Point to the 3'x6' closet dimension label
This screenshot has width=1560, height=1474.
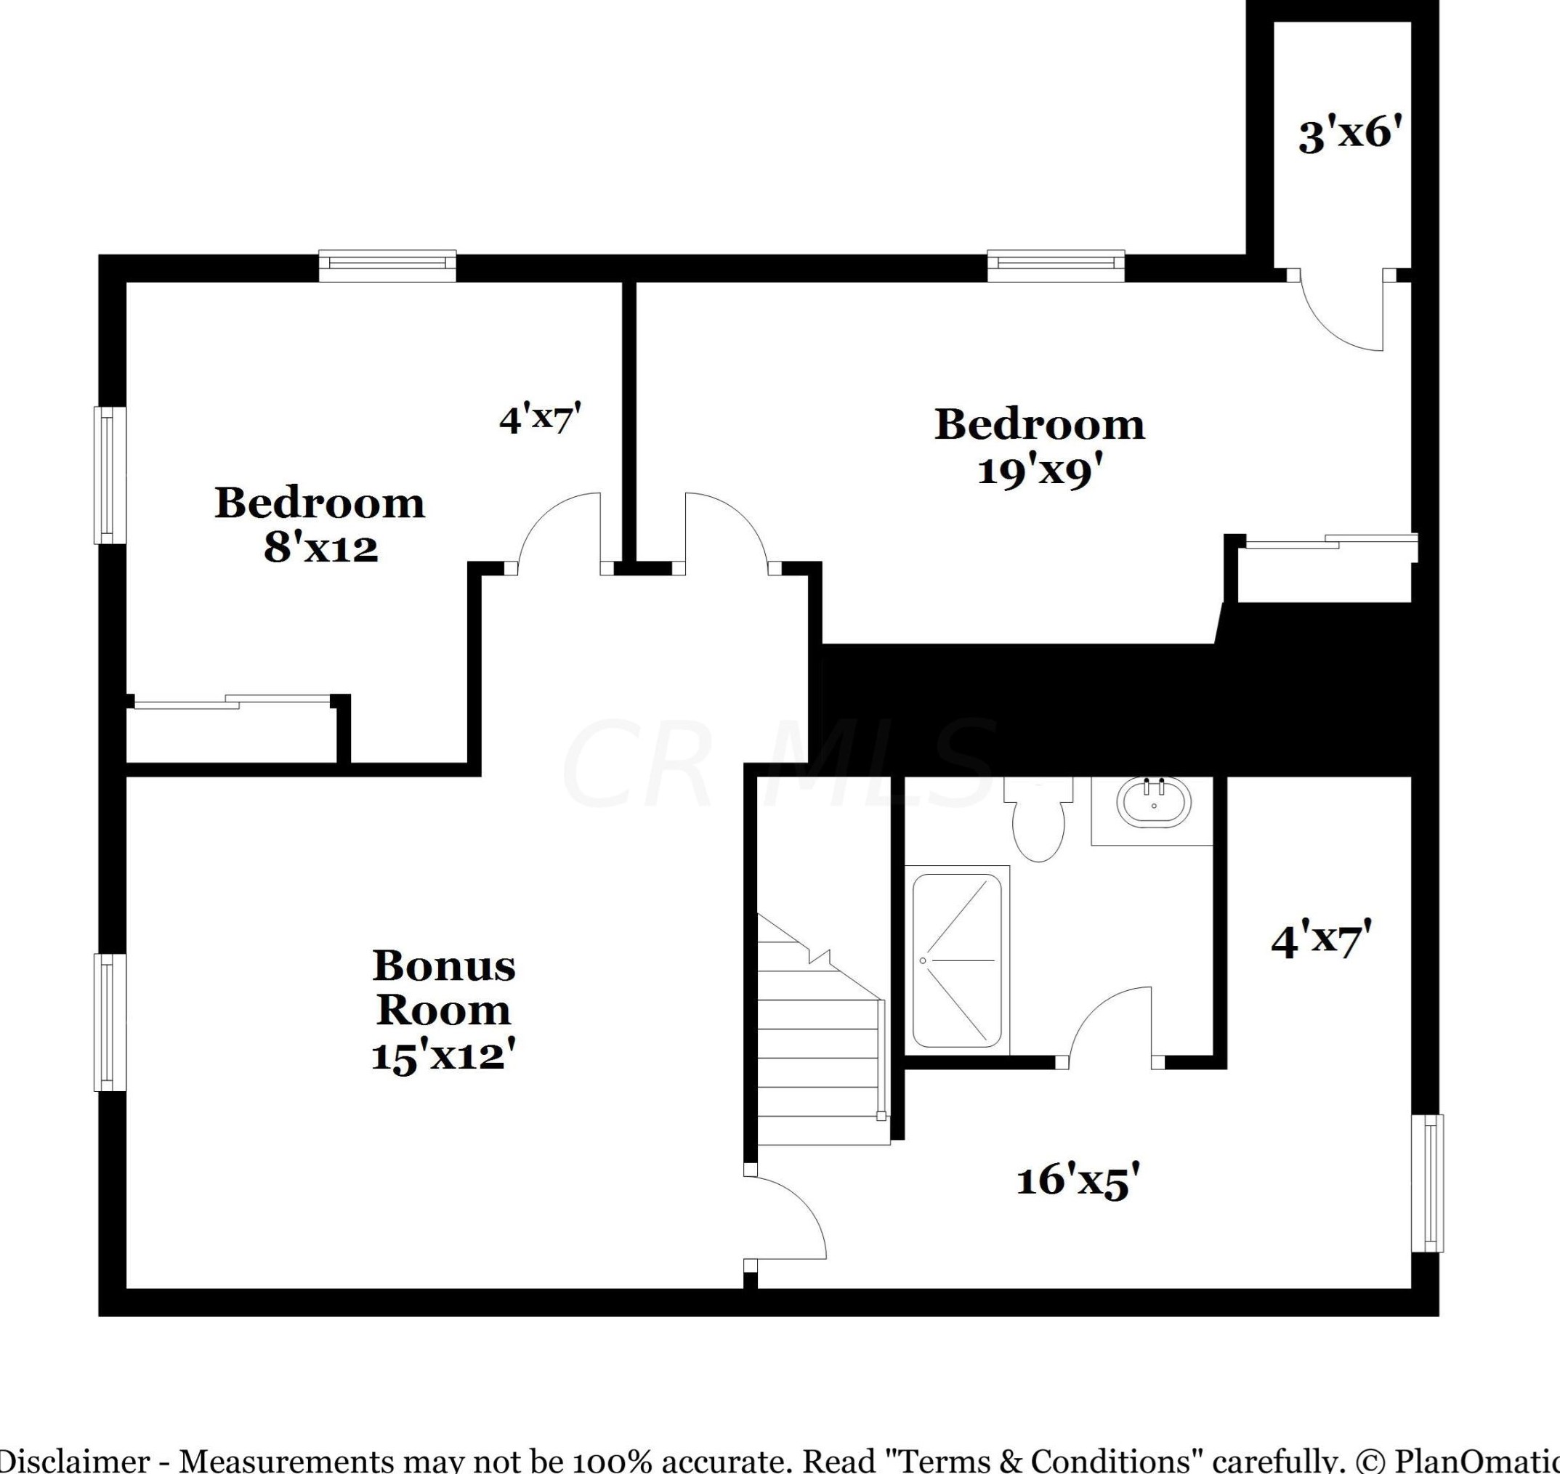tap(1349, 135)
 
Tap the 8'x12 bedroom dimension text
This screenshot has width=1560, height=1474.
tap(320, 548)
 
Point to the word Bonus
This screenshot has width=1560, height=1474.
tap(444, 966)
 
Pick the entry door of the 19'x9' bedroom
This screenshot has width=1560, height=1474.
tap(727, 530)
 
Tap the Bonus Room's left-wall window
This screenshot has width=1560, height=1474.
tap(109, 1022)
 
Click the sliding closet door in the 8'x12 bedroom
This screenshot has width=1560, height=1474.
tap(232, 702)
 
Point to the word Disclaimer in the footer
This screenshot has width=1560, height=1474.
tap(75, 1460)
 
